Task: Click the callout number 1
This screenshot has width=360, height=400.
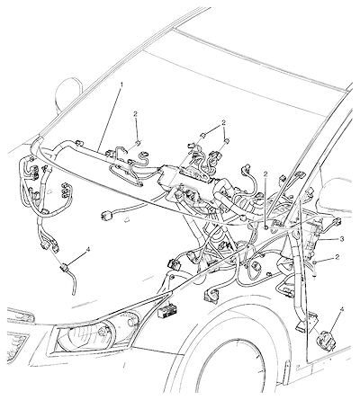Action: [121, 84]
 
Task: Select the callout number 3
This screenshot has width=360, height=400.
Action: [342, 239]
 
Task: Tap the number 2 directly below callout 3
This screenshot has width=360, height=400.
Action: [337, 257]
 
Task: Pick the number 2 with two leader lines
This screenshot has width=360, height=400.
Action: [223, 122]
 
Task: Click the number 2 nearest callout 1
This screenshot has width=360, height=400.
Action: [136, 114]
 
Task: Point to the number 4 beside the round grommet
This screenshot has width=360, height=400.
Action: [341, 309]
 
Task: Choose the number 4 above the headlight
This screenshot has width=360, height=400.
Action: [87, 249]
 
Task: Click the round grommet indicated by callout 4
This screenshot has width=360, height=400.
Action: [327, 339]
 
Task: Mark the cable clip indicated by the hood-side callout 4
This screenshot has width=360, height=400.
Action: [65, 268]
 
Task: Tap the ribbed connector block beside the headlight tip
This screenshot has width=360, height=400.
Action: [165, 312]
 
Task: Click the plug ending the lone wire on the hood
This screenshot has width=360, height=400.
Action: [106, 215]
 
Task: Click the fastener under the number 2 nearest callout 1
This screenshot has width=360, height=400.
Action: [138, 142]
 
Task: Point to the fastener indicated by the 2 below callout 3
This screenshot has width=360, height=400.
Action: [314, 262]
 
